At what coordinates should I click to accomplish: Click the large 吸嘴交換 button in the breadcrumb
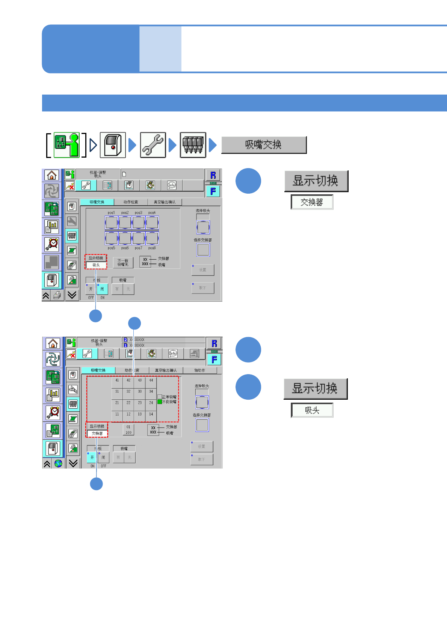pyautogui.click(x=264, y=145)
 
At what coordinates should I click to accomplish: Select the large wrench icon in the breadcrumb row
pyautogui.click(x=153, y=145)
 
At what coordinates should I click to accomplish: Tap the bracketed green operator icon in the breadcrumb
pyautogui.click(x=66, y=145)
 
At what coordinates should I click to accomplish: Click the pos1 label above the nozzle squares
pyautogui.click(x=111, y=212)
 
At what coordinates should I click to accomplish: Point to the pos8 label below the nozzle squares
pyautogui.click(x=152, y=248)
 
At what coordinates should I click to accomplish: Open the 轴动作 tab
pyautogui.click(x=200, y=370)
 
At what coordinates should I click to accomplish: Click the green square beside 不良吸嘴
pyautogui.click(x=160, y=402)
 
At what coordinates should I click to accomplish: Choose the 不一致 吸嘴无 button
pyautogui.click(x=123, y=262)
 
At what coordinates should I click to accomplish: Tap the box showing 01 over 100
pyautogui.click(x=128, y=430)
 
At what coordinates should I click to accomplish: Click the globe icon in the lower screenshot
pyautogui.click(x=58, y=463)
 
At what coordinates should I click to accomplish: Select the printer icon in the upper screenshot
pyautogui.click(x=57, y=296)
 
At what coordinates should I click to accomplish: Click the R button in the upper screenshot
pyautogui.click(x=213, y=175)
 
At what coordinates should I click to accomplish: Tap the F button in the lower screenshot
pyautogui.click(x=214, y=360)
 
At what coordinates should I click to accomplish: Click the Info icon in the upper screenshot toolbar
pyautogui.click(x=172, y=185)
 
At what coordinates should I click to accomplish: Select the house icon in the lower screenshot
pyautogui.click(x=53, y=343)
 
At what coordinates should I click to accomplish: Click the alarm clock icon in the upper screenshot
pyautogui.click(x=52, y=244)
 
